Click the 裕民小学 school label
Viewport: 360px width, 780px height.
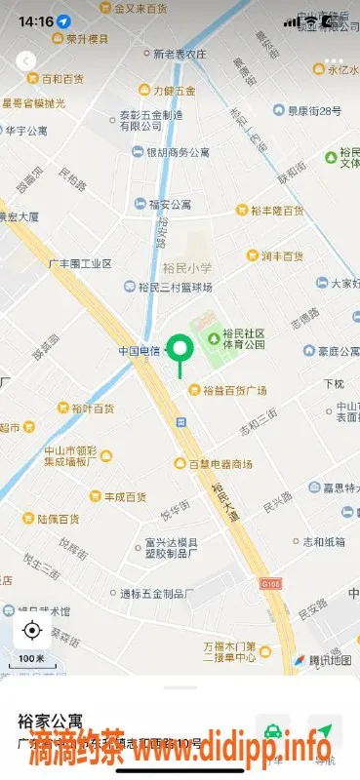click(x=188, y=266)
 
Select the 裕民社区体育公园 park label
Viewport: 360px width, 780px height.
click(x=243, y=338)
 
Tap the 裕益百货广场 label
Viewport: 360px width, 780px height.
click(x=234, y=390)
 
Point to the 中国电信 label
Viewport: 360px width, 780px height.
click(x=140, y=350)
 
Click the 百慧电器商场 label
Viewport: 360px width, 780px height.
click(x=220, y=463)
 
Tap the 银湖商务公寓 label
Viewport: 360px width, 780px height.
click(x=178, y=152)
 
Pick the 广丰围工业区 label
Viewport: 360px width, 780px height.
click(x=80, y=263)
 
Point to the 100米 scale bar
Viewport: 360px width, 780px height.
click(x=32, y=660)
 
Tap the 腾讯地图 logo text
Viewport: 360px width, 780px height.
click(x=329, y=659)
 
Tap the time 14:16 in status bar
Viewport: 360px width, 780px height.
click(x=35, y=20)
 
